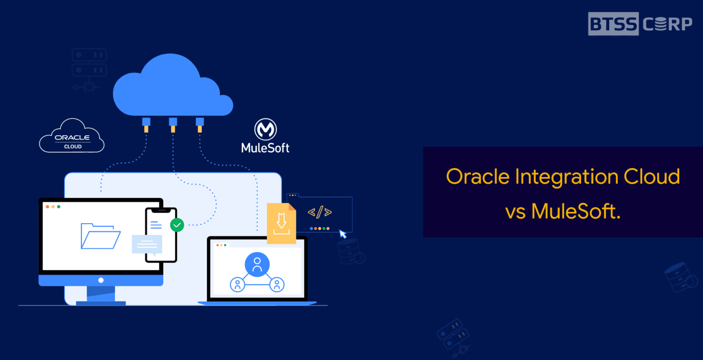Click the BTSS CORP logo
point(640,24)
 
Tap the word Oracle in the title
point(477,177)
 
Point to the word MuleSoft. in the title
point(576,212)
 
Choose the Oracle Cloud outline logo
point(72,137)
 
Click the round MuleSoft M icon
point(265,130)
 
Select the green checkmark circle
point(177,225)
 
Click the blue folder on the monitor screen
point(100,236)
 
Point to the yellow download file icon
point(281,223)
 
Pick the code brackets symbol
point(320,212)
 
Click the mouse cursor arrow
point(343,234)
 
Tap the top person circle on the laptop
point(257,264)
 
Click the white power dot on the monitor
point(101,280)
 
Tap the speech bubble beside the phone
point(147,245)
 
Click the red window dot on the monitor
point(47,207)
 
